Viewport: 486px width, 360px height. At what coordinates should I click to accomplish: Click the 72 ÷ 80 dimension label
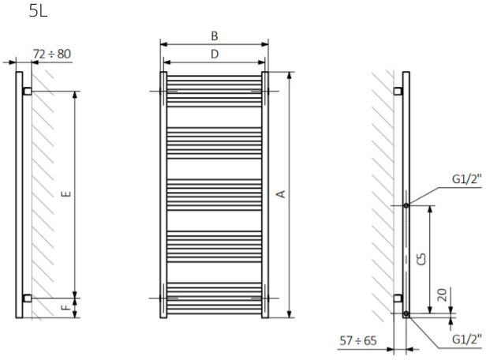(51, 54)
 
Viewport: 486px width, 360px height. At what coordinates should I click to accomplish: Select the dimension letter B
(215, 36)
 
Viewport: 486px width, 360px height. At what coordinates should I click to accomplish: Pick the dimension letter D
(215, 54)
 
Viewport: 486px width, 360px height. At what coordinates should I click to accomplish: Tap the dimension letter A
(280, 193)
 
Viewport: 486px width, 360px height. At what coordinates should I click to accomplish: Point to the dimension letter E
(67, 193)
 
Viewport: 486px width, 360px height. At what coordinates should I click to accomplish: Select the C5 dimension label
(422, 258)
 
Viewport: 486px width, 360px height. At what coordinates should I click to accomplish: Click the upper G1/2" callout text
(466, 179)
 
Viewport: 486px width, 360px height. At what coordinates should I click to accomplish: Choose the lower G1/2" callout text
(466, 340)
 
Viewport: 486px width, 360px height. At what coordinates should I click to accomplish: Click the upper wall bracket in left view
(27, 92)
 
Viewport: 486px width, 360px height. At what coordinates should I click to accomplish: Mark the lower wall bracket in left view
(27, 298)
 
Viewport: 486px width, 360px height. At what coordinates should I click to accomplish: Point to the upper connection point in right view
(406, 205)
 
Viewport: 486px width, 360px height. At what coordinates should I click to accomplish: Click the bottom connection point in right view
(406, 313)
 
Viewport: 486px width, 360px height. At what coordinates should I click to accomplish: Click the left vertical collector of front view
(163, 193)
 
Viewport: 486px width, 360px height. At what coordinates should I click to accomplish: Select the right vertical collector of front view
(265, 193)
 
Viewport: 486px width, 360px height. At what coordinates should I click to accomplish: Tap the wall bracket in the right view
(399, 298)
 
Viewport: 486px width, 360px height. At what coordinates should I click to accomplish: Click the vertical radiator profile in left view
(18, 193)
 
